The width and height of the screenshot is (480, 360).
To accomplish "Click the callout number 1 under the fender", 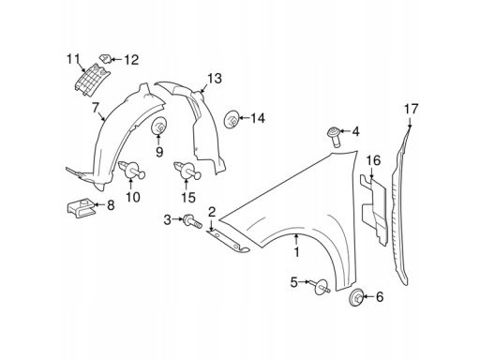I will pos(297,251).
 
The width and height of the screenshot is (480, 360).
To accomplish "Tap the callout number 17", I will pos(410,111).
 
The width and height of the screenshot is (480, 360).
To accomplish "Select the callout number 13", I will pos(214,78).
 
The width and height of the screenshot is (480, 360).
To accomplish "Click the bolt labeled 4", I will pos(335,134).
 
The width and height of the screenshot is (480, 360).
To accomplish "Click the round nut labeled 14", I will pos(232,118).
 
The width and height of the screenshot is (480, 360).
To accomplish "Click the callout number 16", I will pos(372,161).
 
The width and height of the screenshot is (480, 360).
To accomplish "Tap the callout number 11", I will pos(73,60).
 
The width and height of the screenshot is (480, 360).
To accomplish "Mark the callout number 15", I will pos(188,198).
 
